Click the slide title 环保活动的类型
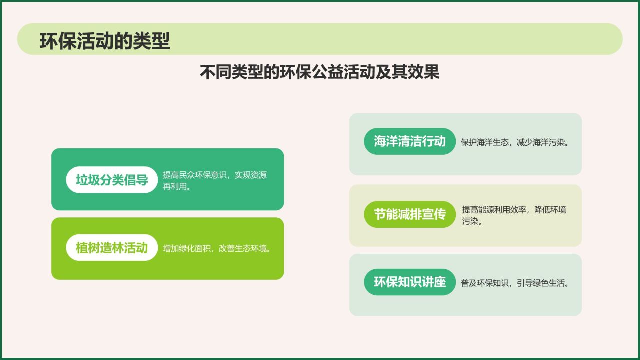[x=105, y=41]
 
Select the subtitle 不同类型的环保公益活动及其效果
[x=319, y=72]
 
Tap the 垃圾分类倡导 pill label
[x=112, y=180]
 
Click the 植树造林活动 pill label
[x=112, y=248]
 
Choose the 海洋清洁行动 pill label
[x=409, y=141]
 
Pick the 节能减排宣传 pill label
[x=409, y=214]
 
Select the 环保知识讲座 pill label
[x=409, y=282]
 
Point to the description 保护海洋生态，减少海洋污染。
[x=515, y=142]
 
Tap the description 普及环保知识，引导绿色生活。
[x=515, y=283]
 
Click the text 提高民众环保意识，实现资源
[x=215, y=175]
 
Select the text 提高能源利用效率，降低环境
[x=514, y=210]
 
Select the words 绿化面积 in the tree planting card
[x=197, y=249]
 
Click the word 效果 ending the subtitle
[x=427, y=72]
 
